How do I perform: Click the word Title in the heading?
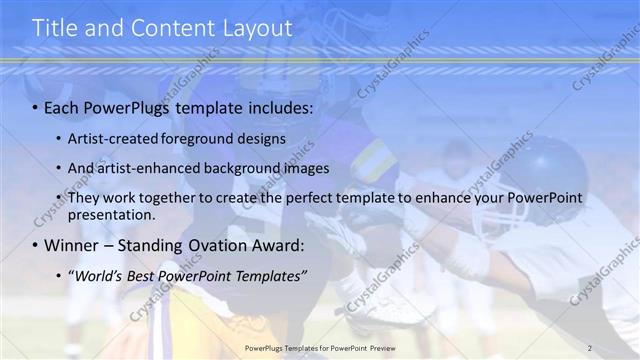click(x=54, y=29)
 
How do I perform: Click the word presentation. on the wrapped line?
click(x=111, y=214)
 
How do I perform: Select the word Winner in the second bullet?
click(x=72, y=245)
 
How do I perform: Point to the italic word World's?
click(x=96, y=276)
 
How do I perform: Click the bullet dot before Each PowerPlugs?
click(x=37, y=107)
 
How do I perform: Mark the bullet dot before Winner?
click(x=37, y=245)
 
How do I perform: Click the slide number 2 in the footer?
click(x=590, y=348)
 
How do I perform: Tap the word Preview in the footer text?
click(x=392, y=348)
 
